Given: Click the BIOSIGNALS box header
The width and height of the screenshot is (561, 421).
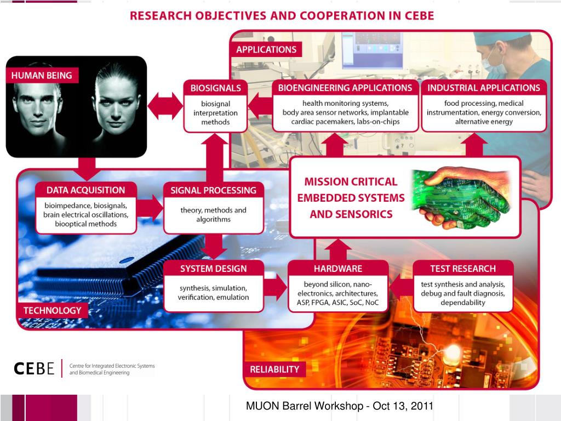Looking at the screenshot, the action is point(215,88).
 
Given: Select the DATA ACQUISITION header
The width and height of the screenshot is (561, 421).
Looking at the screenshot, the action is point(85,190).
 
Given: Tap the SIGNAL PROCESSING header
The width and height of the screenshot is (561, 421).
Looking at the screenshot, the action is point(213,190).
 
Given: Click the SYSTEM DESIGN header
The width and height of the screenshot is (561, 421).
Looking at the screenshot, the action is point(213,269).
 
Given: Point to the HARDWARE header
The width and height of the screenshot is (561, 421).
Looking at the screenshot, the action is point(337,269).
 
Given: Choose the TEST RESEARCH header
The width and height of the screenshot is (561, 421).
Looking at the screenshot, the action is point(462,269).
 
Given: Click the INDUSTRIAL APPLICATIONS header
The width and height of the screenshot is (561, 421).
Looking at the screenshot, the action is point(484,88).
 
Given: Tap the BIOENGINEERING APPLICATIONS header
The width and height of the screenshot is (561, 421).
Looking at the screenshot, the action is point(345,88).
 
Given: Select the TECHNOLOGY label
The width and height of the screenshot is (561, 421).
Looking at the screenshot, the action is point(52,310).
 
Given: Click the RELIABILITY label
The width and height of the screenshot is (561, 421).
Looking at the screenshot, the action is point(274,369).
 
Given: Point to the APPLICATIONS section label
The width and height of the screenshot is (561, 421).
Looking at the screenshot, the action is point(266,49).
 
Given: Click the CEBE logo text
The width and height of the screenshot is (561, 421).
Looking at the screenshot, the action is point(34,369).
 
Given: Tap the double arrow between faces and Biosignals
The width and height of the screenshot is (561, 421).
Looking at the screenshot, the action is point(165,105).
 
